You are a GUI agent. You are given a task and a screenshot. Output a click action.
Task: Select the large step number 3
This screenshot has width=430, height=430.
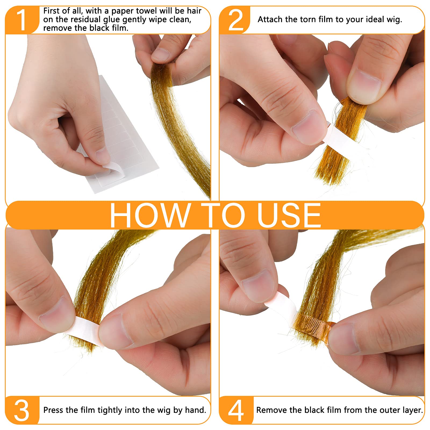(x=21, y=410)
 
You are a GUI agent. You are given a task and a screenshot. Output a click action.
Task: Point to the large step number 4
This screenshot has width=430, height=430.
(x=236, y=410)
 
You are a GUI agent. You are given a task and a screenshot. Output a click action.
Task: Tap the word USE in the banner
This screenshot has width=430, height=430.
(x=289, y=215)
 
